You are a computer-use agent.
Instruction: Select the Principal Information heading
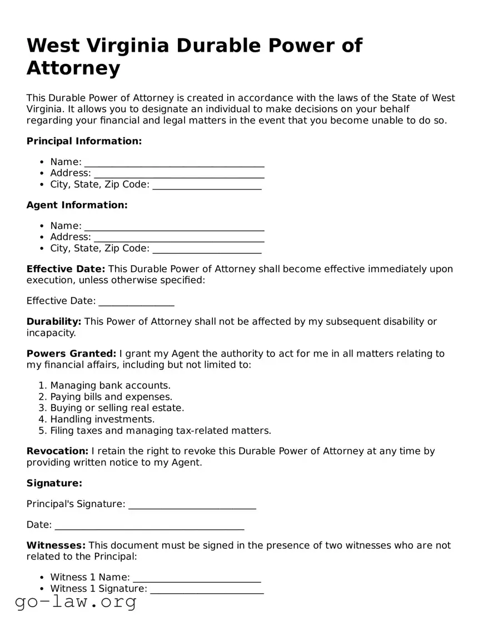[x=84, y=141]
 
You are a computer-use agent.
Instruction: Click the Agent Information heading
[x=77, y=205]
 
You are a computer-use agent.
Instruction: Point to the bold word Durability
[x=54, y=321]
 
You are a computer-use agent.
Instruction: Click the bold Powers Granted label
[x=71, y=354]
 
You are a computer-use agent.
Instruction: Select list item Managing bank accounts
[x=110, y=385]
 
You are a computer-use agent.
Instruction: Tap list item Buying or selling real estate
[x=117, y=408]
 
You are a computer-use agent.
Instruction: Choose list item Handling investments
[x=102, y=419]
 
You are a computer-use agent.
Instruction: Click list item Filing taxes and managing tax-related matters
[x=160, y=430]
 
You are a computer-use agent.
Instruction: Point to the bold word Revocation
[x=57, y=451]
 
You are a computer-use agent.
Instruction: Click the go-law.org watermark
[x=76, y=601]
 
